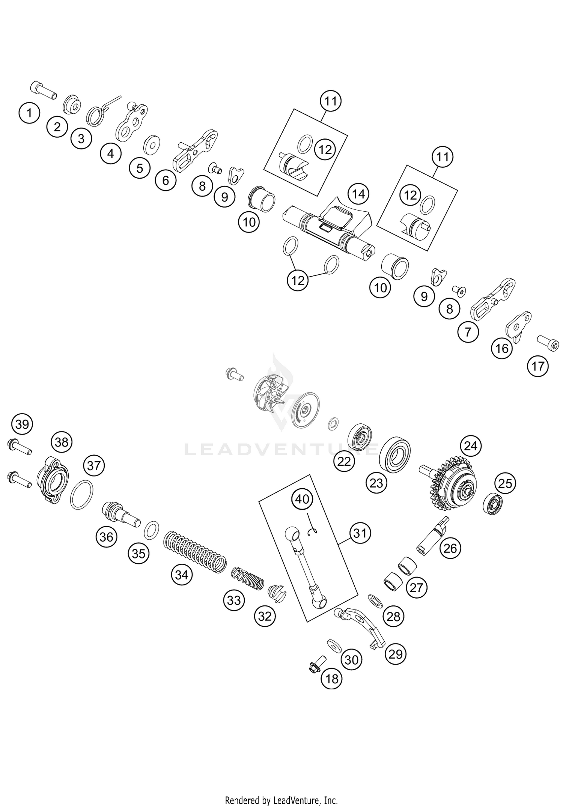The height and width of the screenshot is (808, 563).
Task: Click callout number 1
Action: pyautogui.click(x=29, y=113)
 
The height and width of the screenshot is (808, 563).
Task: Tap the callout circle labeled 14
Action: pyautogui.click(x=358, y=194)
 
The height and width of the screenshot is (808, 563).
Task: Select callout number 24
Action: pyautogui.click(x=471, y=446)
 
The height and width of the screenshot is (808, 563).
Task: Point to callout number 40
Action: pyautogui.click(x=302, y=499)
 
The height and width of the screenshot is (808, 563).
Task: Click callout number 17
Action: pyautogui.click(x=538, y=366)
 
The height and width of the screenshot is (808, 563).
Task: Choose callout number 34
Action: pyautogui.click(x=182, y=575)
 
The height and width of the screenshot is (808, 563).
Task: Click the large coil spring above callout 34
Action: pyautogui.click(x=196, y=548)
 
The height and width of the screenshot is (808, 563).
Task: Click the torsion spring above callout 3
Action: pyautogui.click(x=99, y=111)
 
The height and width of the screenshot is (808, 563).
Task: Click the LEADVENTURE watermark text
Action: pyautogui.click(x=281, y=449)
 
